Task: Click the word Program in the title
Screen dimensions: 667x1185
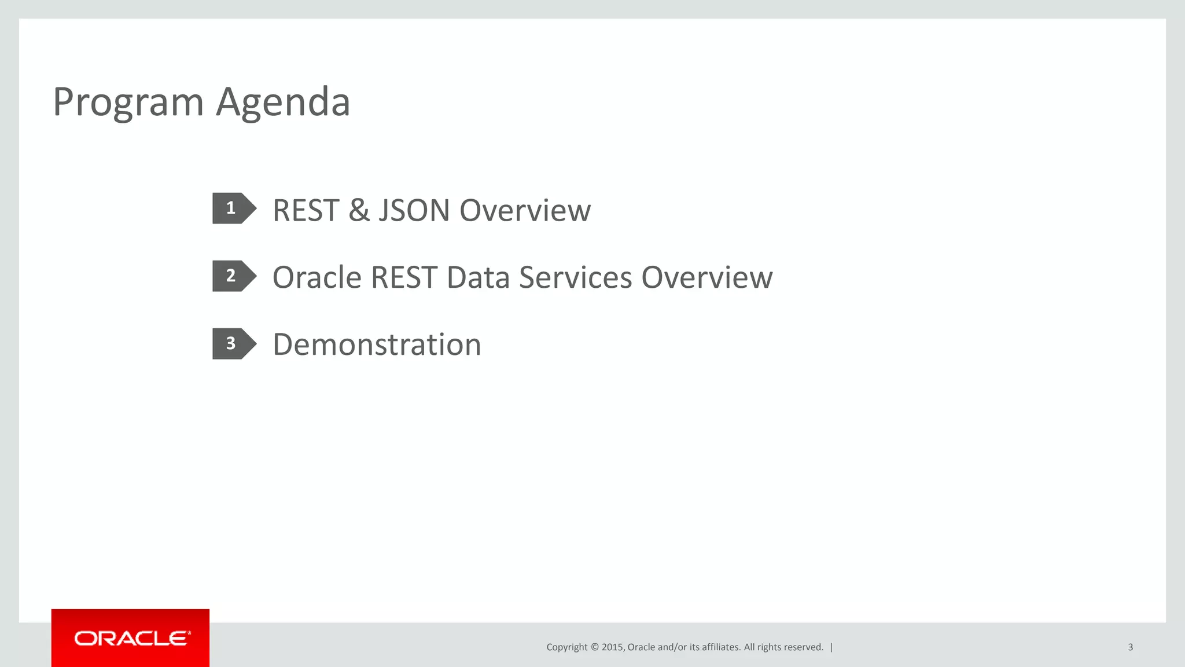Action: (x=128, y=102)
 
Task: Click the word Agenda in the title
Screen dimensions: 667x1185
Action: (x=283, y=102)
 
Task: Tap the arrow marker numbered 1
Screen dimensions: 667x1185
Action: (x=233, y=208)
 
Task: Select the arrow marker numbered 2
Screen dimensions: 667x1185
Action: (x=233, y=276)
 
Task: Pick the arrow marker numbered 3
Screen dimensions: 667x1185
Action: (x=233, y=344)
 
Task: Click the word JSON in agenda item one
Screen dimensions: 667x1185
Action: (x=414, y=210)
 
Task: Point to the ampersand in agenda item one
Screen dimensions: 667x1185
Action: (x=359, y=210)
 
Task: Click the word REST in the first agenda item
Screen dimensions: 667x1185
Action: (x=306, y=210)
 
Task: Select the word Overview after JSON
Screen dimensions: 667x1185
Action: (x=525, y=210)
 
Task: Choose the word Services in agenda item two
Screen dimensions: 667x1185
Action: (x=575, y=277)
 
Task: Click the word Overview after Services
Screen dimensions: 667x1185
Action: (x=706, y=277)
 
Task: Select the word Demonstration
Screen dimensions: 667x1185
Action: (x=377, y=345)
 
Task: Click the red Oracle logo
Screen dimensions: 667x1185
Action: (x=131, y=638)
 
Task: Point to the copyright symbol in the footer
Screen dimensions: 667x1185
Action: (x=594, y=647)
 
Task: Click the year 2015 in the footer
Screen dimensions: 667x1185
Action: (x=612, y=647)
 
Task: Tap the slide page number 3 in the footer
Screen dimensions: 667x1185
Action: (x=1130, y=647)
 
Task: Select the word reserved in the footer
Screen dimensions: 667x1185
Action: (x=803, y=647)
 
